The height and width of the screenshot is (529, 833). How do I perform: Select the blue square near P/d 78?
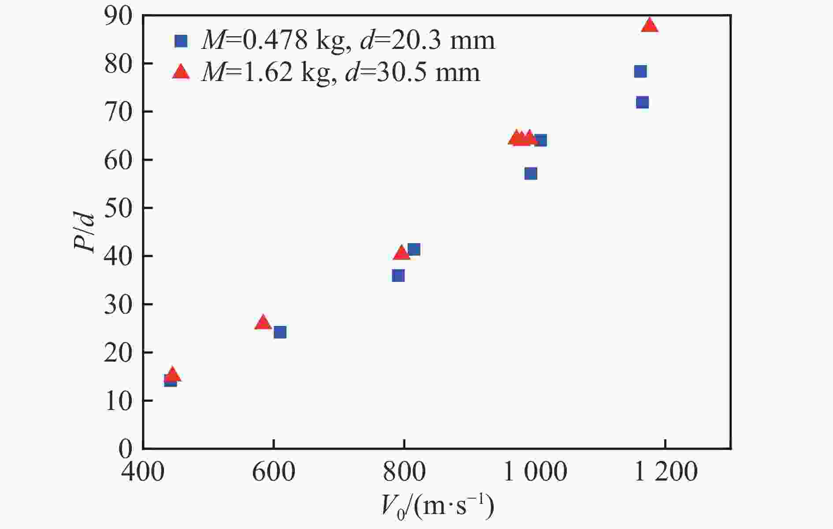coord(640,71)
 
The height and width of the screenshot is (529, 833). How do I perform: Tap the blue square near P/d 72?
coord(642,103)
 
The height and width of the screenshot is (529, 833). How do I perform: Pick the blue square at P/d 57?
coord(531,174)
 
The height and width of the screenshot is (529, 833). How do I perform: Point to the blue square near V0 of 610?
coord(280,332)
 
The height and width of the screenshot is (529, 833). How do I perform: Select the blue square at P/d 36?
coord(398,276)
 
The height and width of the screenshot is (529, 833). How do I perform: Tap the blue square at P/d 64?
coord(541,141)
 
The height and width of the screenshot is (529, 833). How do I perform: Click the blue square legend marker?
coord(181,41)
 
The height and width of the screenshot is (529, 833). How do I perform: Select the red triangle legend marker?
coord(181,72)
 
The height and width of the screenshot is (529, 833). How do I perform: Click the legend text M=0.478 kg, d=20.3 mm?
coord(348,41)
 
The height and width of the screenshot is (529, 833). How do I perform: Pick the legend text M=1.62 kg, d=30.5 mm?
coord(340,72)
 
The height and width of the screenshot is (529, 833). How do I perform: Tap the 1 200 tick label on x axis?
coord(666,472)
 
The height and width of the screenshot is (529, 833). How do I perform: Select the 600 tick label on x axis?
coord(273,472)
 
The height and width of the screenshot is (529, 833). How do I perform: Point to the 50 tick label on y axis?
coord(118,208)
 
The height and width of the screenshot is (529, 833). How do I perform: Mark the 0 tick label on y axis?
coord(126,449)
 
